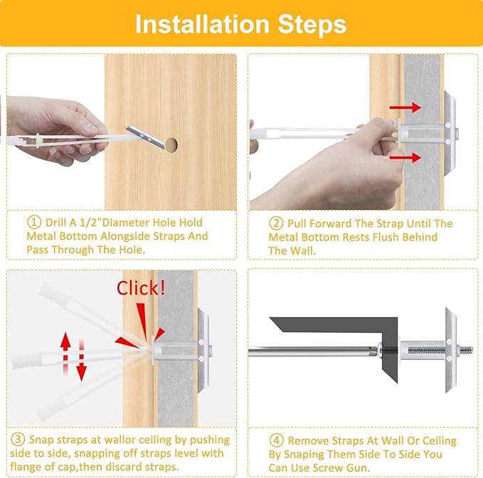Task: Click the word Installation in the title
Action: [x=203, y=24]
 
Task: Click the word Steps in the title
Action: [x=312, y=24]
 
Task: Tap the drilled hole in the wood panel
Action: [x=171, y=144]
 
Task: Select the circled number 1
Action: [x=34, y=222]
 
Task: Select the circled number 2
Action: [x=276, y=223]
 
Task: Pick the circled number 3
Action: [x=18, y=439]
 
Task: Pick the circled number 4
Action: [x=276, y=440]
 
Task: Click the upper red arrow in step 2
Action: [x=405, y=107]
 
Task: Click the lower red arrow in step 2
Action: [x=405, y=158]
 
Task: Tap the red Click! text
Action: [x=140, y=288]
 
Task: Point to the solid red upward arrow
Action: [x=65, y=354]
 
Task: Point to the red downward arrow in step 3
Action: [x=81, y=360]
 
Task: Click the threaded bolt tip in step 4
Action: [x=466, y=350]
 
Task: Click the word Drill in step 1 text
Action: [x=55, y=223]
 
